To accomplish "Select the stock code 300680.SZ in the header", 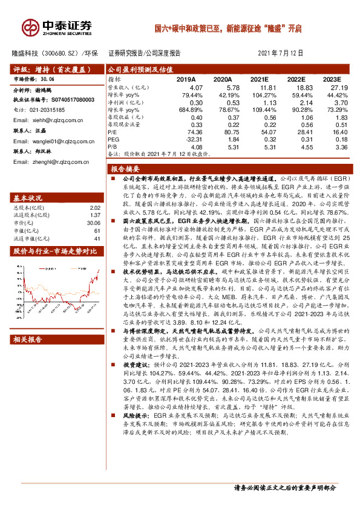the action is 61,53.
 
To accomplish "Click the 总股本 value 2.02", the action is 94,207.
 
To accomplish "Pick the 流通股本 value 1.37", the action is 94,215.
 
